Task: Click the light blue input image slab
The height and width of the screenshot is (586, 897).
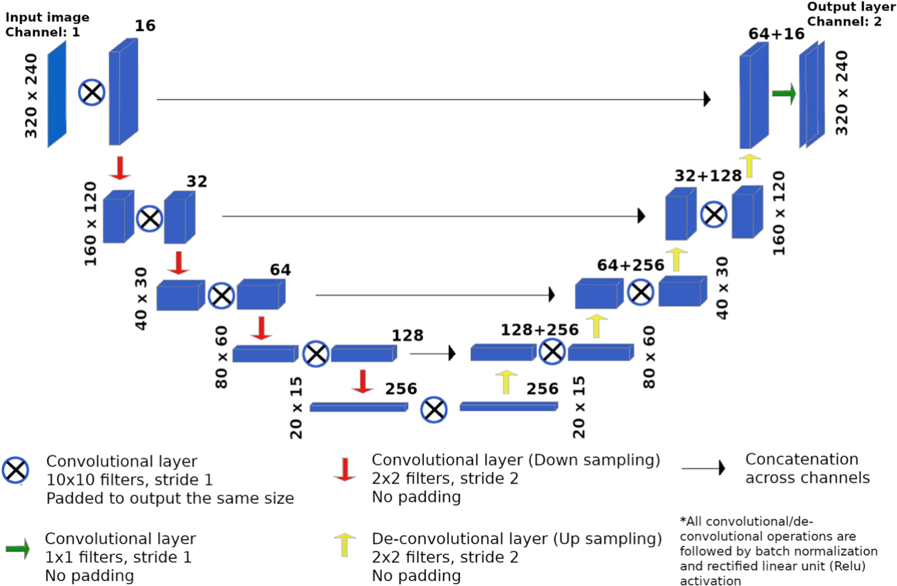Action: pos(57,94)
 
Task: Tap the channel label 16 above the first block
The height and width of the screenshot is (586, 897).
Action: pos(145,26)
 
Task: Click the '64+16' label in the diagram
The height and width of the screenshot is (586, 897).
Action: pos(776,34)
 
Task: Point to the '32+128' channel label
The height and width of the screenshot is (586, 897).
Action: pos(708,176)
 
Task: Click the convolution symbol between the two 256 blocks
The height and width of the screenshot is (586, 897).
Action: pos(434,410)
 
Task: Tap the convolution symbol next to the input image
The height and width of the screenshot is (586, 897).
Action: pos(92,92)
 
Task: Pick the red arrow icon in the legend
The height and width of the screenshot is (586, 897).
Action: pos(344,468)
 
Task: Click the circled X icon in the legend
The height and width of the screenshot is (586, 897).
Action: pos(15,470)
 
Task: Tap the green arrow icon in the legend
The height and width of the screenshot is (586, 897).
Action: pos(17,549)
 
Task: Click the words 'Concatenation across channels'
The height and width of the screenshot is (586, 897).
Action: pos(802,468)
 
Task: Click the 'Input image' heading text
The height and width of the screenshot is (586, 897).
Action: pos(48,17)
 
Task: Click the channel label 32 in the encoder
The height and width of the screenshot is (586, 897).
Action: pos(196,181)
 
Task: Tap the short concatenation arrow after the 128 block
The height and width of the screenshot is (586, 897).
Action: pos(433,354)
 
